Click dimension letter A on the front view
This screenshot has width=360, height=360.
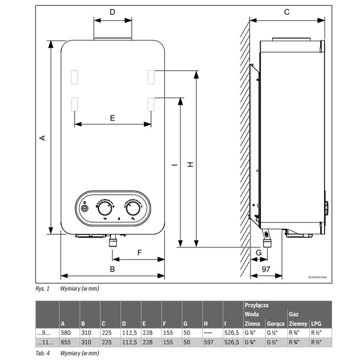click(43, 138)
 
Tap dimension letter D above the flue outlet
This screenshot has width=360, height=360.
click(112, 12)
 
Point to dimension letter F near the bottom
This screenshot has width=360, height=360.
click(139, 252)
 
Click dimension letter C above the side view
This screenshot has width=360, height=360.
click(287, 12)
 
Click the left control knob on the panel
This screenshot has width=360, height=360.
click(105, 209)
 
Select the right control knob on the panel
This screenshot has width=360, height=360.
click(133, 209)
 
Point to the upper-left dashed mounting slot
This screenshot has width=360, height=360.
click(75, 76)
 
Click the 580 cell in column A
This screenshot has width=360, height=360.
click(64, 333)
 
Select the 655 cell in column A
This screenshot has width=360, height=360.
click(64, 342)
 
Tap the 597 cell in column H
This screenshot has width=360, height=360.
click(208, 342)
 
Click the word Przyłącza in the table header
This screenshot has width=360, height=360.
click(256, 305)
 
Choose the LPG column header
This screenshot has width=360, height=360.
click(316, 324)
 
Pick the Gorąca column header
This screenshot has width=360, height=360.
click(275, 324)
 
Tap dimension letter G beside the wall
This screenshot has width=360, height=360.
click(258, 252)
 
